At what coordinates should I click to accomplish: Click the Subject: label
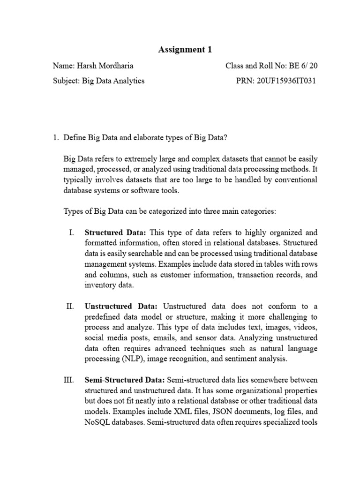(67, 81)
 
